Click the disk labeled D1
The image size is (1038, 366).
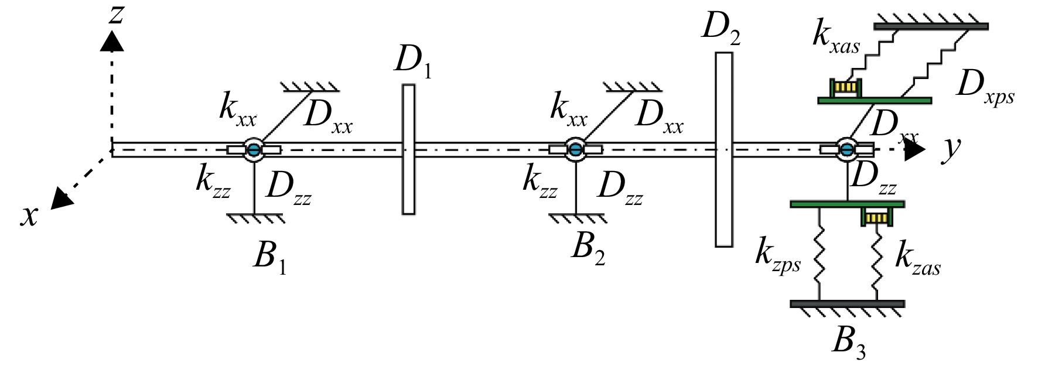[408, 149]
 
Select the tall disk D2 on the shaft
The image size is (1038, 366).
[724, 149]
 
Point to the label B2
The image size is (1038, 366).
[588, 248]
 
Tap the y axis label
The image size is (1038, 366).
[951, 149]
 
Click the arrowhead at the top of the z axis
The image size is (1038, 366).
[111, 41]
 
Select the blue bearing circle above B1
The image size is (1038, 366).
[254, 150]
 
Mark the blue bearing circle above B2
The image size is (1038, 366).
[575, 150]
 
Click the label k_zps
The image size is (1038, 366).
[778, 257]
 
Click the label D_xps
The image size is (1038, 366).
[985, 88]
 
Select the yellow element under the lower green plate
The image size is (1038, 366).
[876, 218]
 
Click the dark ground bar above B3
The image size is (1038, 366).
[847, 303]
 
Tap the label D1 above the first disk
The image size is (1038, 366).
[413, 61]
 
